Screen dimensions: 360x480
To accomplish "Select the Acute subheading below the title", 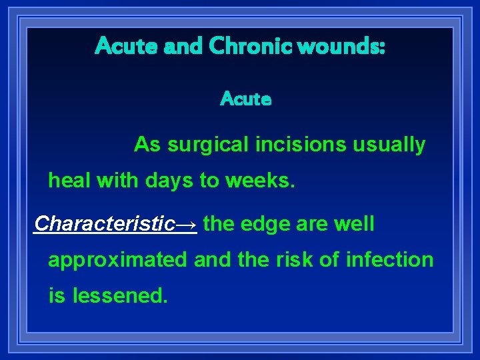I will tap(246, 99).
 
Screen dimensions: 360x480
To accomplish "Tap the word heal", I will tap(69, 181).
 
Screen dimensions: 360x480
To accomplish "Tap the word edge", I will tap(264, 224).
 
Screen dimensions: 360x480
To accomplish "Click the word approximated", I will tap(118, 260).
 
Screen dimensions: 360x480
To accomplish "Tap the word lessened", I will tap(120, 295).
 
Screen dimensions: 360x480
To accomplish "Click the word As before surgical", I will tap(147, 145).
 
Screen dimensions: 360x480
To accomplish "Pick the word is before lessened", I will tap(57, 295).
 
